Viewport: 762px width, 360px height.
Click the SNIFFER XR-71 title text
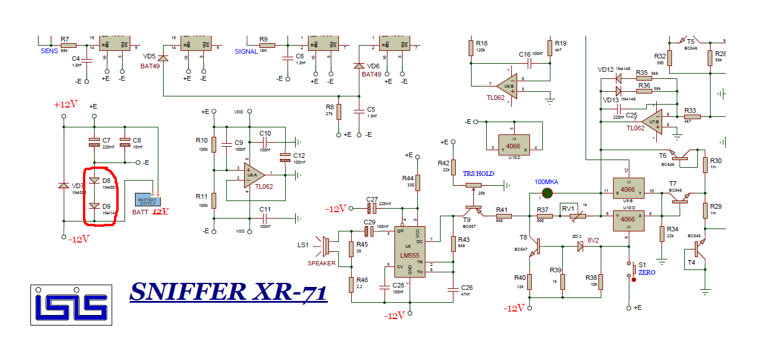coord(228,292)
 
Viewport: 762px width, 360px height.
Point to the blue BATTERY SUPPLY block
coord(147,200)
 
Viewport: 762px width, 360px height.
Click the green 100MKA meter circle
coord(547,192)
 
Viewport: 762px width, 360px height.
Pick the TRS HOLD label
coord(478,174)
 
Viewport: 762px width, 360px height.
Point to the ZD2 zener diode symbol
coord(579,247)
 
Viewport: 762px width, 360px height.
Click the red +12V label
coord(65,105)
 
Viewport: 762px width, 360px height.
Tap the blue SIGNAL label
coord(246,51)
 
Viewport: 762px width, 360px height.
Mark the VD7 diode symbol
coord(64,185)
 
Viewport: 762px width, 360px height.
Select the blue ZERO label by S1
coord(647,272)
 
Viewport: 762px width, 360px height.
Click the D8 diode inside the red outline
coord(93,181)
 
